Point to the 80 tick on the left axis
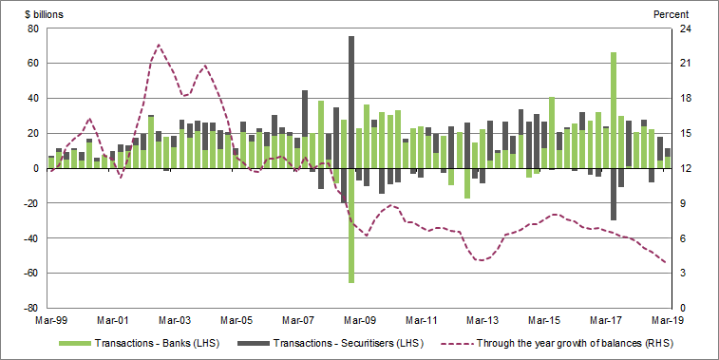tap(31, 28)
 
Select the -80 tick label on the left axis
tap(29, 308)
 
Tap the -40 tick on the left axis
tap(29, 238)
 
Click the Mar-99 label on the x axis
tap(49, 322)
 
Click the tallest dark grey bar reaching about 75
tap(351, 95)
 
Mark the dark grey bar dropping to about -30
tap(614, 195)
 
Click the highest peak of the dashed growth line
tap(159, 45)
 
